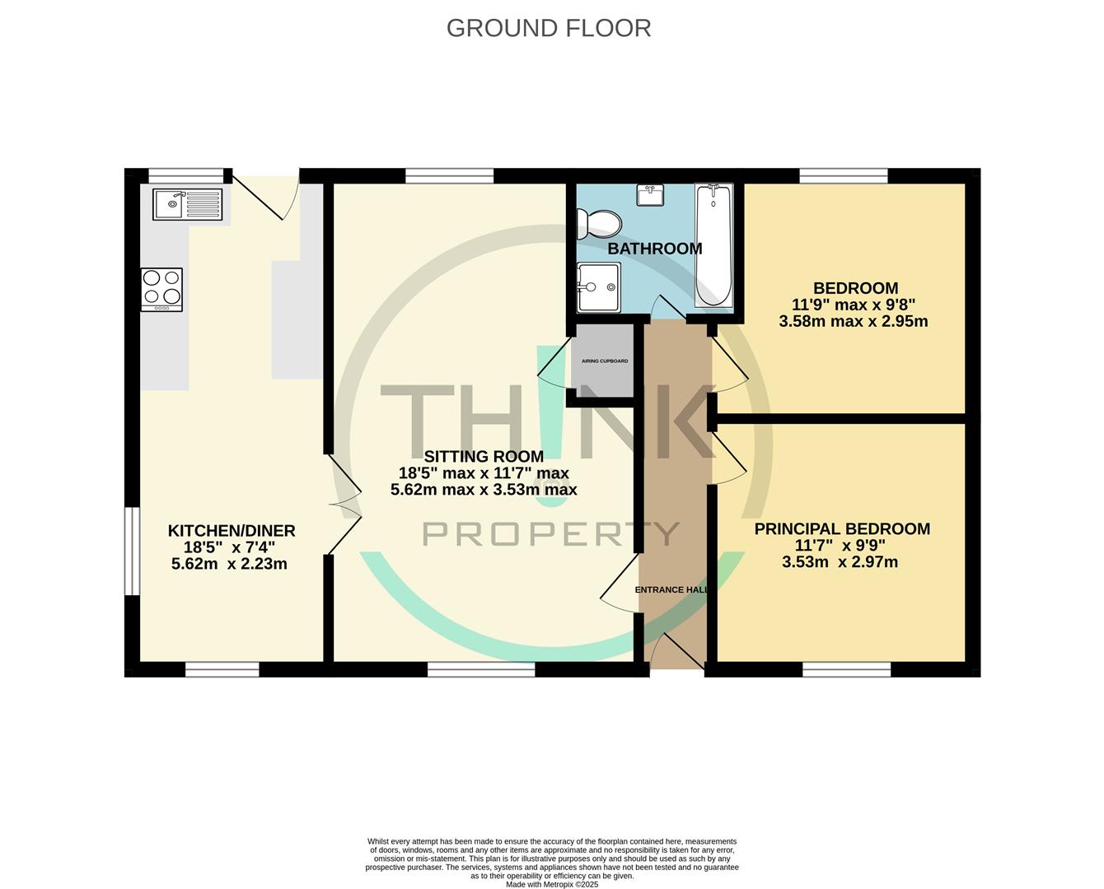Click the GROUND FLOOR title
click(549, 28)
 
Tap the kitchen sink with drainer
click(187, 204)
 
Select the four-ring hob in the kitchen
click(161, 290)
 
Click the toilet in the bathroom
click(599, 224)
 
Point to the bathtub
click(713, 246)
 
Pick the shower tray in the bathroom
click(599, 287)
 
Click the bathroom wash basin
click(651, 195)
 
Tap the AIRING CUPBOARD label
click(605, 361)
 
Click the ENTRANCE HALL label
click(672, 589)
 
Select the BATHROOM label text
click(655, 249)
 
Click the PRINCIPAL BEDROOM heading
click(842, 528)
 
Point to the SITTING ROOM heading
click(484, 456)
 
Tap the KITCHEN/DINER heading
click(232, 531)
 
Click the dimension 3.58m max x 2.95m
click(854, 322)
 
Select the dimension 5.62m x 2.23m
click(229, 564)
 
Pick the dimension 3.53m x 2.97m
click(840, 562)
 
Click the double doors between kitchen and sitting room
click(344, 504)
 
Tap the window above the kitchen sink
click(186, 175)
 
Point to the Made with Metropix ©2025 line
click(552, 884)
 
